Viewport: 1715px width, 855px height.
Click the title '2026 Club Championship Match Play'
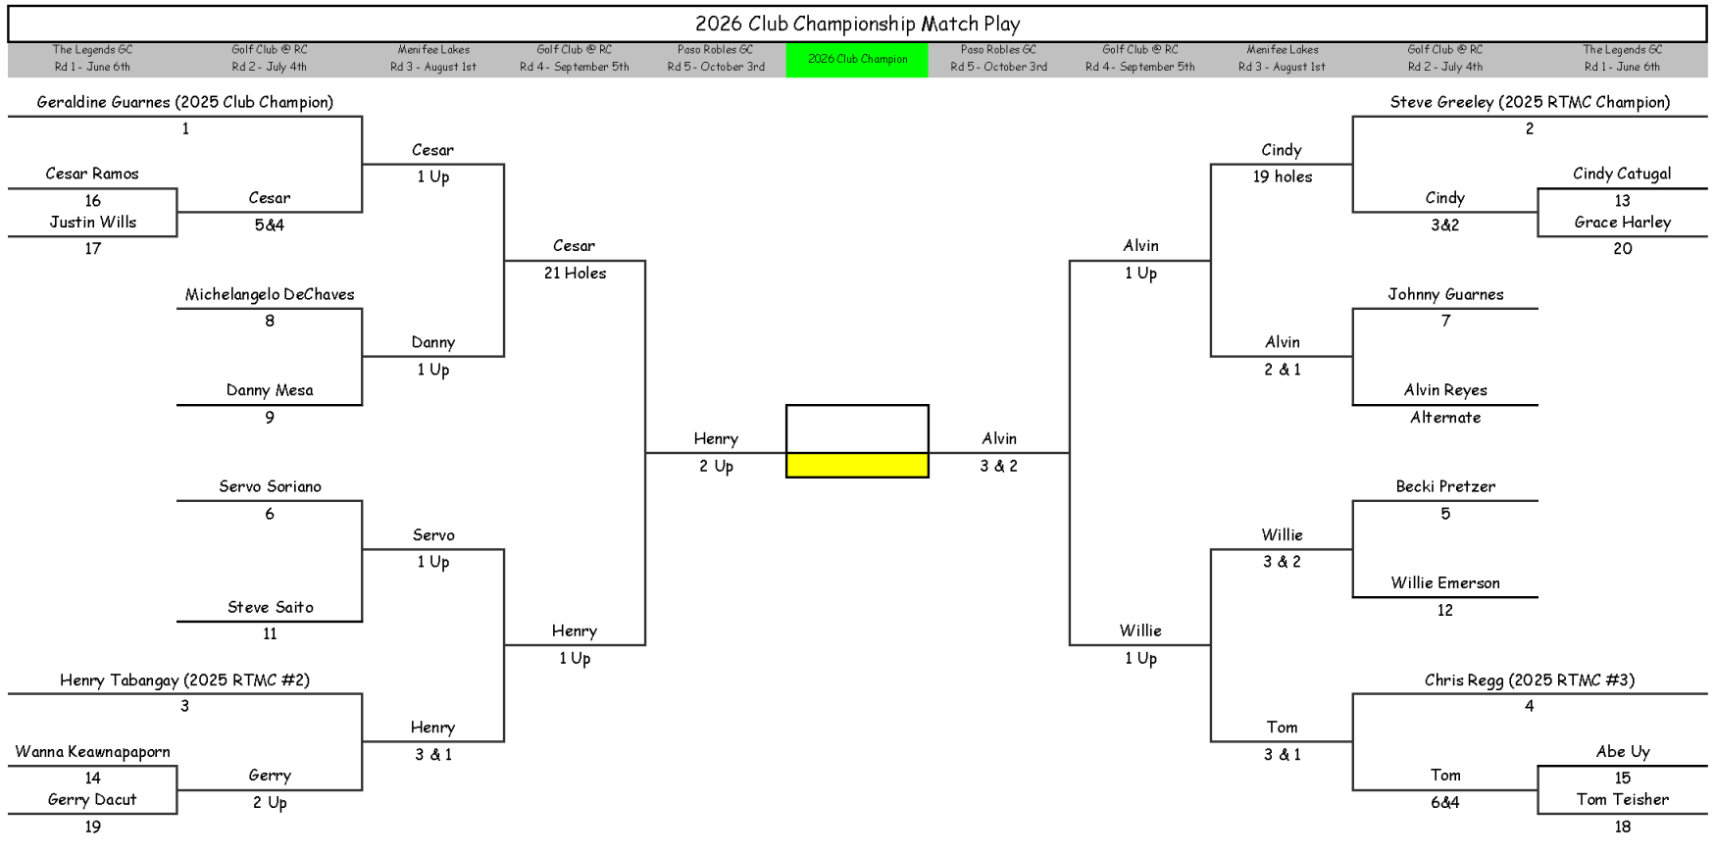(857, 25)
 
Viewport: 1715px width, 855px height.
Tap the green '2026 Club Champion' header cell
(857, 59)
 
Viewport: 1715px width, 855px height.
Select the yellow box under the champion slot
(857, 466)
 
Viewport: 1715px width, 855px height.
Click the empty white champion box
(857, 428)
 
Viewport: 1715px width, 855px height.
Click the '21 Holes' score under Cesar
(575, 274)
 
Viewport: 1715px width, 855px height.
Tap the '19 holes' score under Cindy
(1282, 177)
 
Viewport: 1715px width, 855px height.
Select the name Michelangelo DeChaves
(270, 294)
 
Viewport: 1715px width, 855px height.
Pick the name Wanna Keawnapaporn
(92, 752)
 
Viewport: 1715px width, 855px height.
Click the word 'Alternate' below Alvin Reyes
(1445, 418)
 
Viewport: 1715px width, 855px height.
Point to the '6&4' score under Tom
(1444, 802)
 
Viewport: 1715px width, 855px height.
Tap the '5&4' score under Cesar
(270, 226)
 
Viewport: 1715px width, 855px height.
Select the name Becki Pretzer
(1445, 486)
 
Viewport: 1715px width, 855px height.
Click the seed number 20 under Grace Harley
(1622, 249)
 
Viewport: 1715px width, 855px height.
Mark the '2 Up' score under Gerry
(270, 803)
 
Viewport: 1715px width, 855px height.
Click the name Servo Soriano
(270, 486)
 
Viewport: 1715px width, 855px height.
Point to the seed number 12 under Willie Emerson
(1444, 611)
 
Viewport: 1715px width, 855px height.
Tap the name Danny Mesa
(270, 390)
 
